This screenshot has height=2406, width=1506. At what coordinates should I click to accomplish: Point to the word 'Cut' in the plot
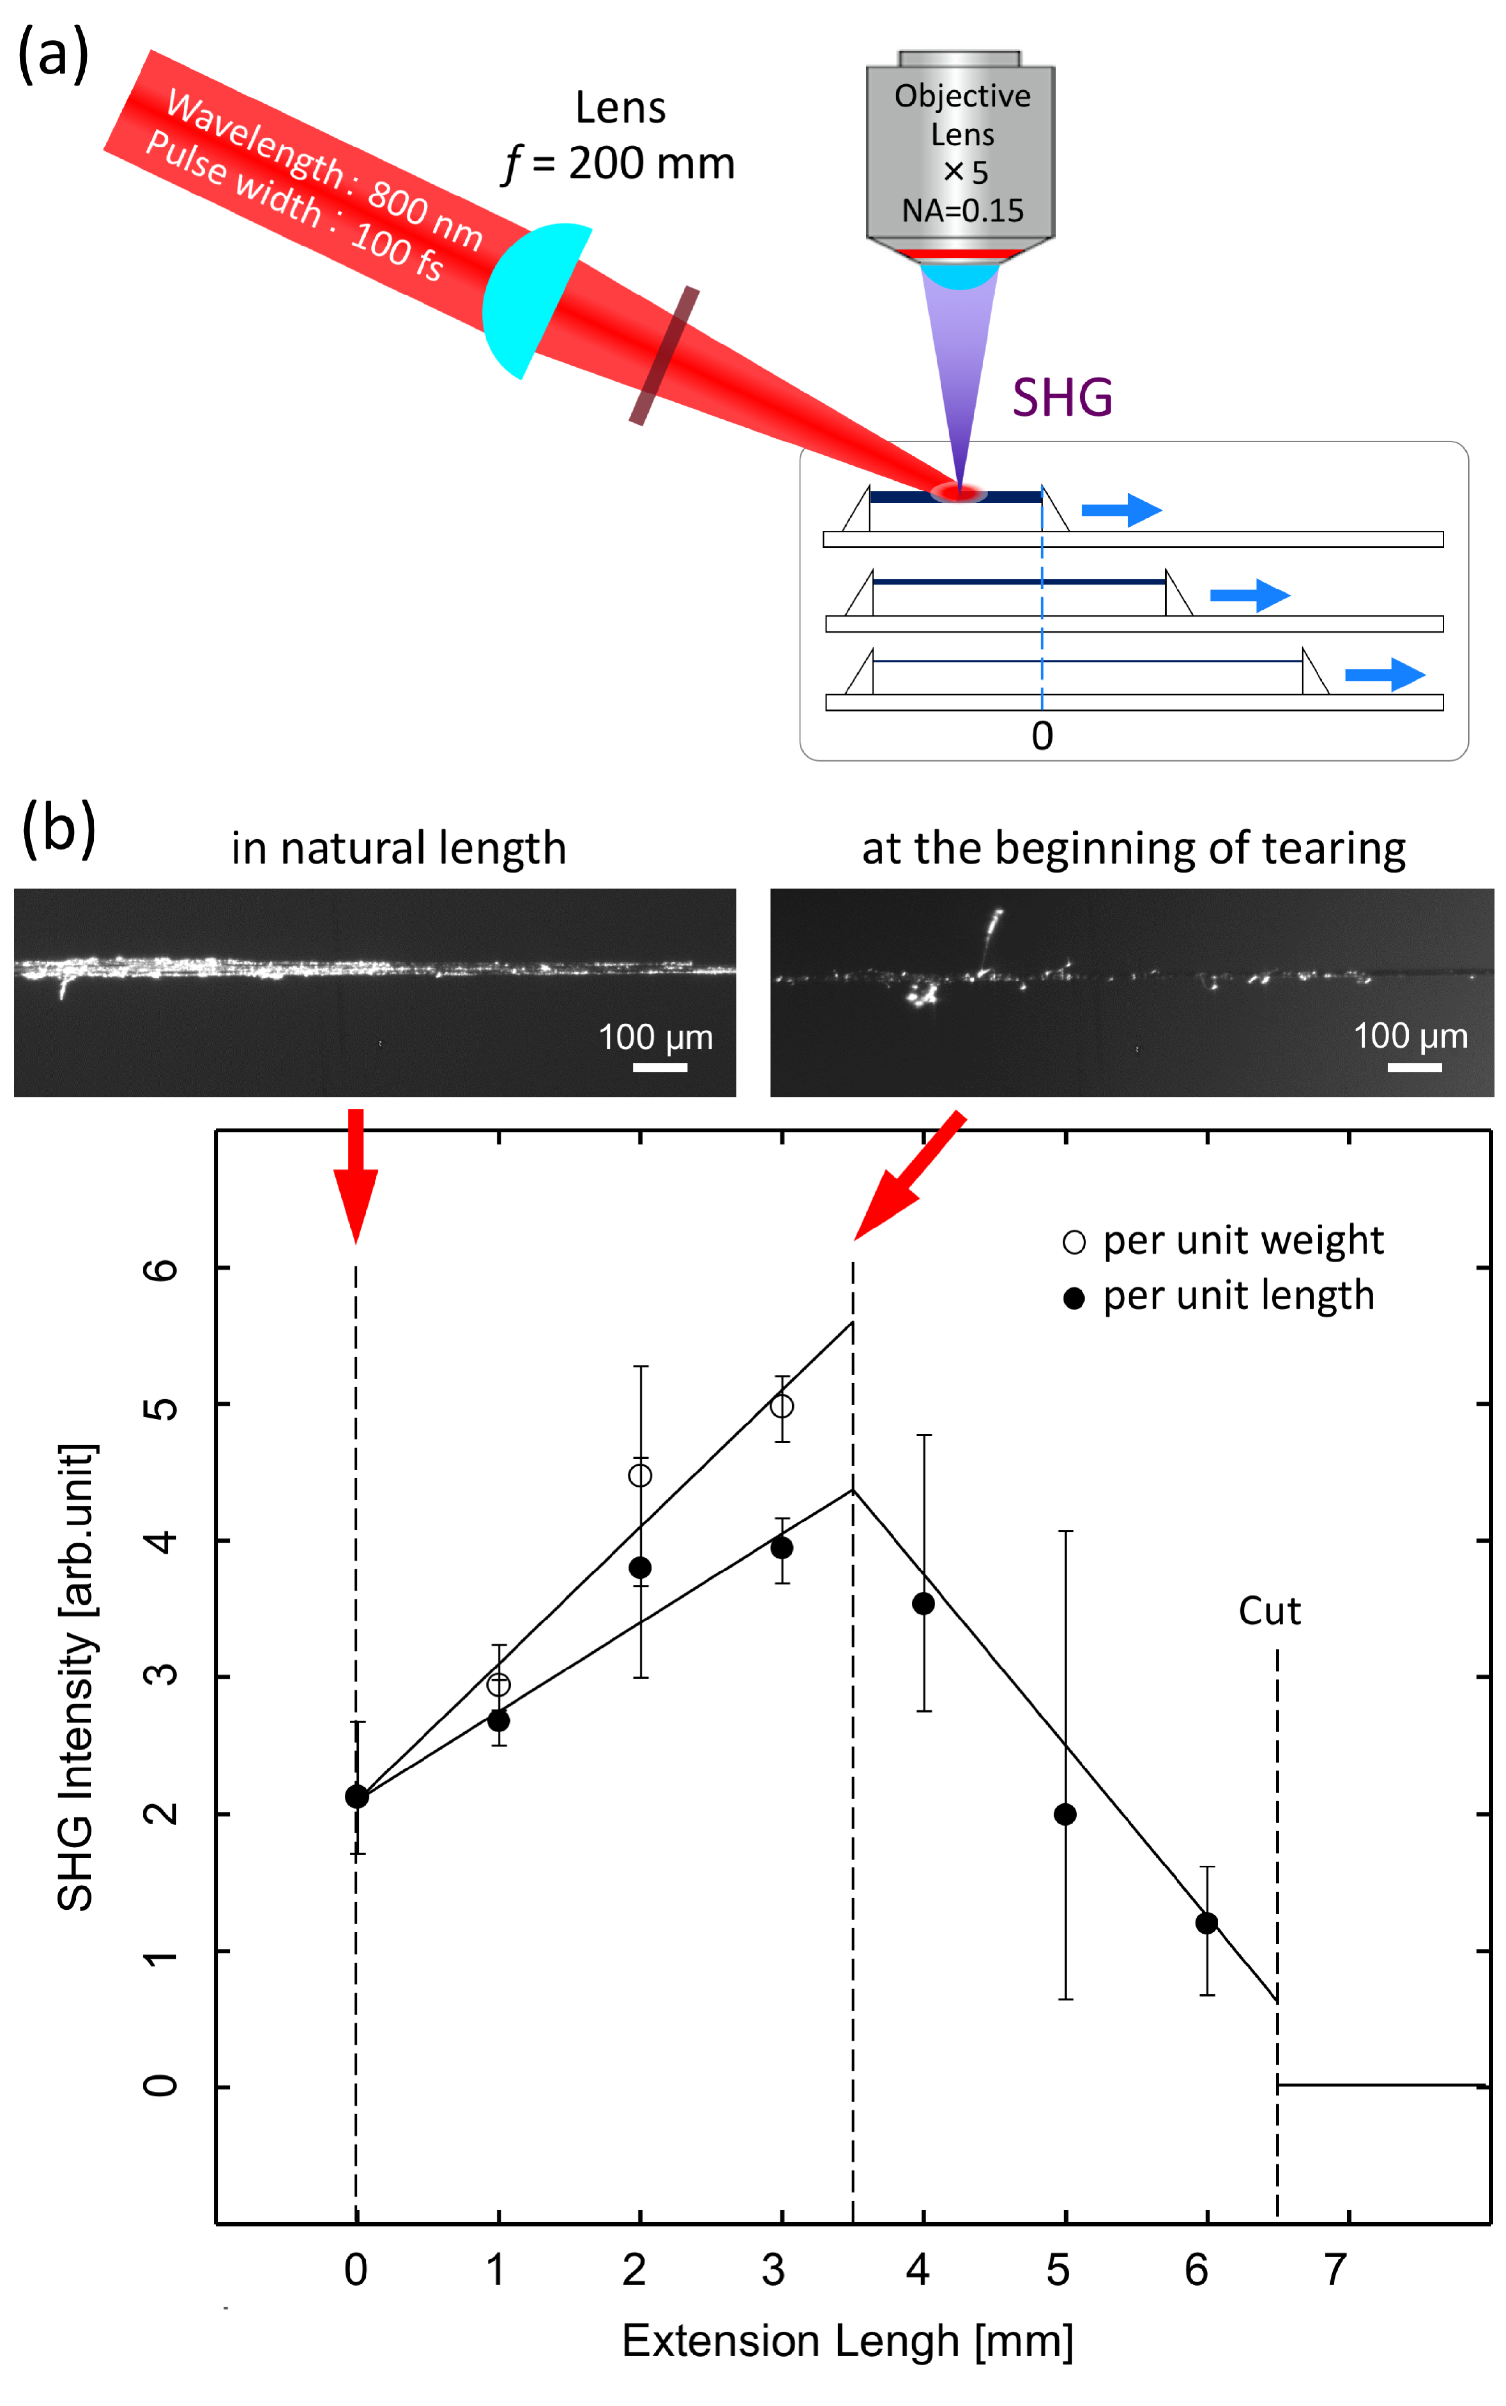[1269, 1611]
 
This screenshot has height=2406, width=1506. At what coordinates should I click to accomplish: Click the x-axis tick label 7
[1336, 2269]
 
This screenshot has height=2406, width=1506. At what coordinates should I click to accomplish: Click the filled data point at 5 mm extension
[1065, 1814]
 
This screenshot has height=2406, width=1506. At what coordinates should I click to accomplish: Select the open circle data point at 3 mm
[782, 1406]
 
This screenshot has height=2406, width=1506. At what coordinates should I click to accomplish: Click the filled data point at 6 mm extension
[1206, 1923]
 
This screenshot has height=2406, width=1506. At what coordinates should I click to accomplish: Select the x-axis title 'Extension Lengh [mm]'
[847, 2340]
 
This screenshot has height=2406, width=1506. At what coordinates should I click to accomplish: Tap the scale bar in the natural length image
[659, 1067]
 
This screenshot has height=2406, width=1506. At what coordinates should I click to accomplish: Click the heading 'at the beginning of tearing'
[1133, 849]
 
